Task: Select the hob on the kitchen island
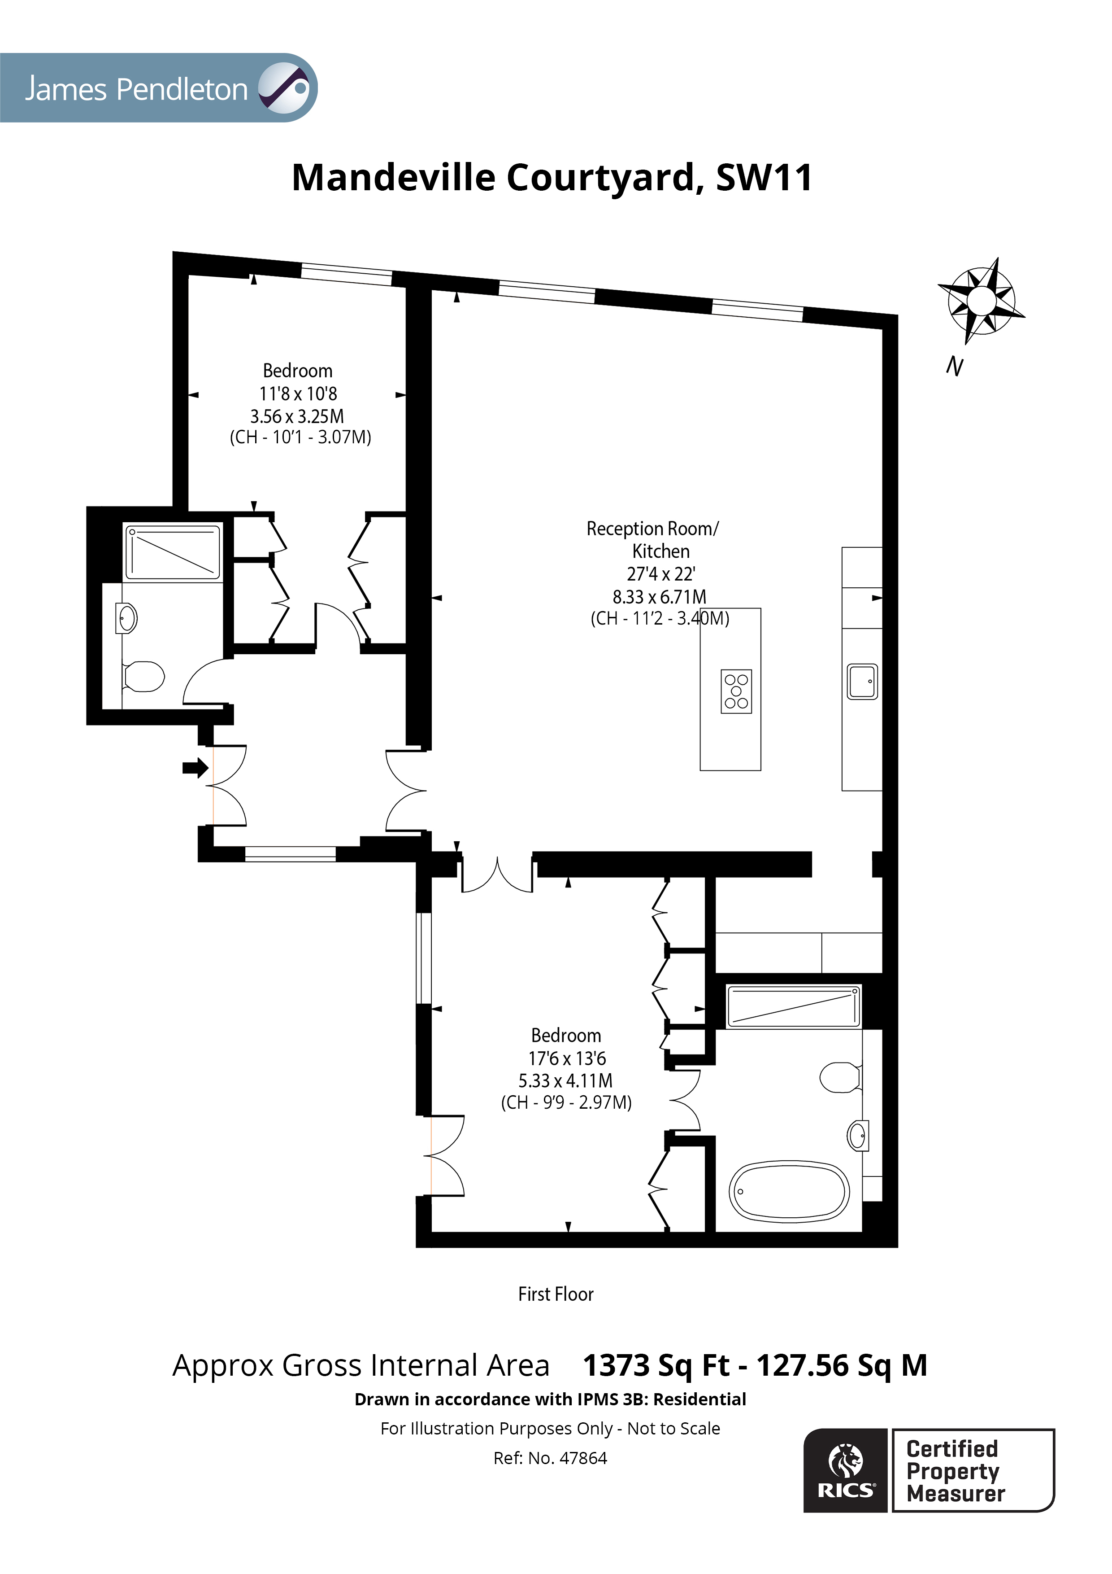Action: (x=737, y=691)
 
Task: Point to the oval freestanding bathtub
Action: (x=789, y=1191)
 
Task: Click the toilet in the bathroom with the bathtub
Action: (x=840, y=1077)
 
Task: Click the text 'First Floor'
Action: (x=556, y=1294)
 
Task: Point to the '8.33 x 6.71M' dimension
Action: (x=659, y=596)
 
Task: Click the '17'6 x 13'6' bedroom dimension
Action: (x=567, y=1058)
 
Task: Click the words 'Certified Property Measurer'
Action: (x=955, y=1471)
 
